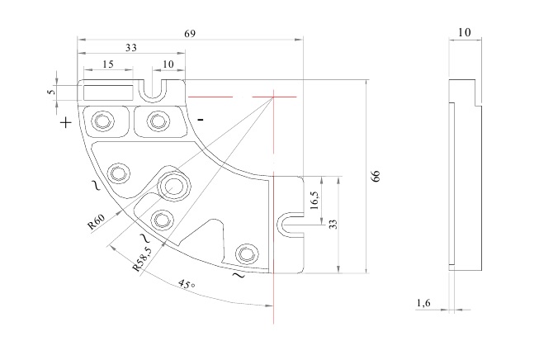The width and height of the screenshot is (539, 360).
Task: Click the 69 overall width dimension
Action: tap(190, 34)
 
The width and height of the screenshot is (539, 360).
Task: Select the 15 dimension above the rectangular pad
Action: tap(108, 64)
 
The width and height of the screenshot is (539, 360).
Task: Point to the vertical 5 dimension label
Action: tap(51, 92)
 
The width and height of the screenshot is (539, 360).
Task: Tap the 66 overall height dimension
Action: tap(376, 176)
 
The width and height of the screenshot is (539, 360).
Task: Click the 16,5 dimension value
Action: tap(314, 200)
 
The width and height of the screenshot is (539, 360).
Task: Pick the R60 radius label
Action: tap(97, 221)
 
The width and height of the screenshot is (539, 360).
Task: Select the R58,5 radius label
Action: tap(142, 258)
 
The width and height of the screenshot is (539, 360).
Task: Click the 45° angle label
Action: tap(187, 284)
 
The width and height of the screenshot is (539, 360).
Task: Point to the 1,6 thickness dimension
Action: tap(423, 303)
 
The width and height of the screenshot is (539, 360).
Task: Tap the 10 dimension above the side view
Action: tap(465, 32)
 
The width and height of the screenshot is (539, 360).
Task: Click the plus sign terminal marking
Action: tap(66, 122)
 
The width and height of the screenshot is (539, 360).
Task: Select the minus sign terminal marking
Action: tap(201, 120)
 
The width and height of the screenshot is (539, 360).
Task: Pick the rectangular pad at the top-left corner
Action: tap(109, 92)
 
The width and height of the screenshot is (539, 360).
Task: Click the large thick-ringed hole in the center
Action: tap(173, 186)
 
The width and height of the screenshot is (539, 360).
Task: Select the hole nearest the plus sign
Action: tap(102, 121)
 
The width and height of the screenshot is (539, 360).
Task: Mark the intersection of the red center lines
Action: tap(273, 97)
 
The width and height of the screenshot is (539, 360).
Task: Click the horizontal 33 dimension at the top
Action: tap(131, 47)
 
